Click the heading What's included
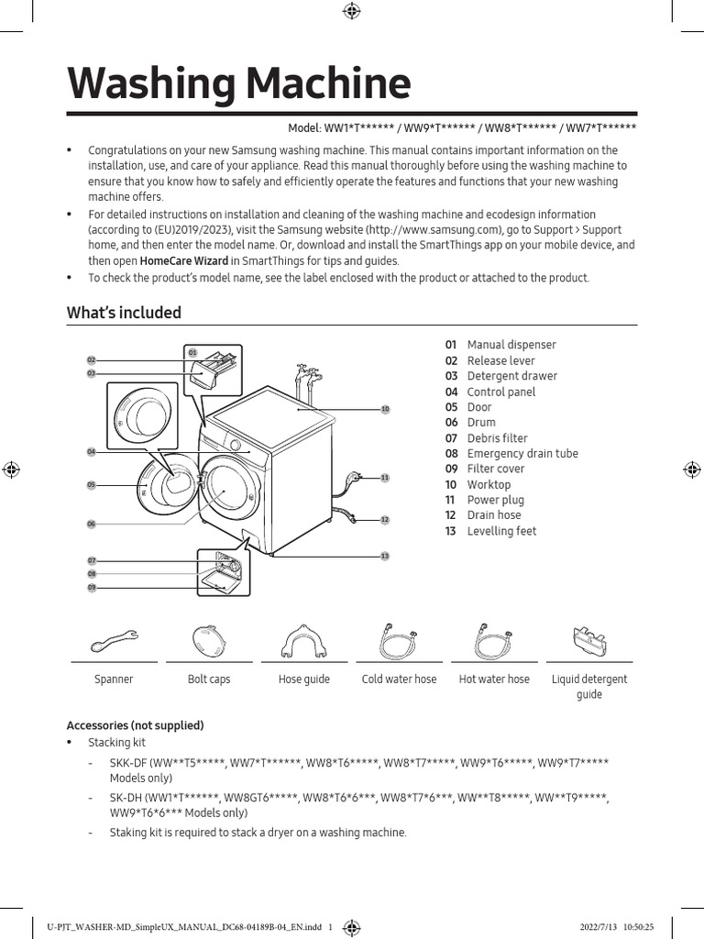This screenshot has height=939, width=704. [x=124, y=313]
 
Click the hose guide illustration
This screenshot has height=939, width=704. [x=303, y=639]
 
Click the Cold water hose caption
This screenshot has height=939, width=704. [x=399, y=679]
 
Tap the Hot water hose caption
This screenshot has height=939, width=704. [x=494, y=679]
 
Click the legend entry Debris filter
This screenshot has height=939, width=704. [x=497, y=438]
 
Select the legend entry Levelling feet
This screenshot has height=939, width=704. [x=501, y=531]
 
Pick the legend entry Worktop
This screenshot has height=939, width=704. [x=489, y=484]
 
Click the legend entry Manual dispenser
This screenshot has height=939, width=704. [x=511, y=345]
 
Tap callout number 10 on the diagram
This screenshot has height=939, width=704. [x=385, y=409]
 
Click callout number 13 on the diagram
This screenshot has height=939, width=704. [x=385, y=557]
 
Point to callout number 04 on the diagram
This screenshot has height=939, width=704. [x=92, y=452]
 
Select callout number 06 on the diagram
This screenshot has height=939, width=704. [x=92, y=524]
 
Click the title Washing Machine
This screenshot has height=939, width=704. [x=238, y=84]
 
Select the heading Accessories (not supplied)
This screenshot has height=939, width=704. [x=135, y=725]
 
